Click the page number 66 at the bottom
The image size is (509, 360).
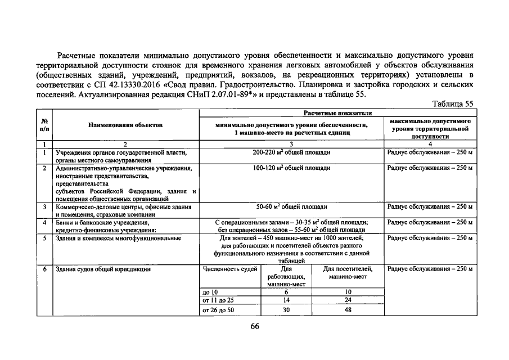[255, 329]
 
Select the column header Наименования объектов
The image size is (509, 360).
[125, 125]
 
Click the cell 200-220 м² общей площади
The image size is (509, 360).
[291, 153]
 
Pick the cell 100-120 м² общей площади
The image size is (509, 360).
[291, 168]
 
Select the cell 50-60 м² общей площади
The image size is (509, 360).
[291, 207]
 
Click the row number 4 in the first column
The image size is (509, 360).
[44, 223]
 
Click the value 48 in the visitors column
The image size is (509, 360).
[348, 310]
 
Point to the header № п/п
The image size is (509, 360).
[44, 125]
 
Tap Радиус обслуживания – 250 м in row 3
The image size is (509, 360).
[430, 207]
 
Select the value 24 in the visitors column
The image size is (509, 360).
[348, 300]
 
